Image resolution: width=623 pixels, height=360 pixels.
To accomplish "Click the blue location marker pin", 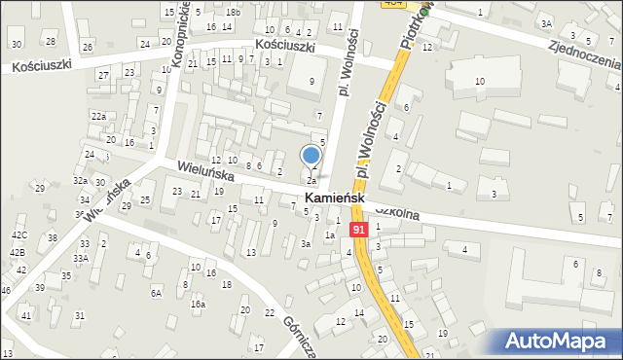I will click(x=311, y=156).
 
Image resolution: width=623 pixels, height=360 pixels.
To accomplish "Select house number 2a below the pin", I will click(x=311, y=181).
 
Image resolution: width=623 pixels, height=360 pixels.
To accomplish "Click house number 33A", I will click(x=80, y=258).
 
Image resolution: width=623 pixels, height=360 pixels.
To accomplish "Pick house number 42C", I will click(x=19, y=235).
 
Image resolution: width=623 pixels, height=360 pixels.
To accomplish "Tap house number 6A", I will click(x=155, y=292).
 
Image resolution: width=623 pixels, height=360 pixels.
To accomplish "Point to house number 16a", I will click(x=198, y=304).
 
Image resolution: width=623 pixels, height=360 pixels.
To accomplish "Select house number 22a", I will click(x=98, y=116).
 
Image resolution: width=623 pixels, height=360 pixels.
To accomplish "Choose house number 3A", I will click(x=547, y=23).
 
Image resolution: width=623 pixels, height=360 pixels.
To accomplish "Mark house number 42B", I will click(x=18, y=252).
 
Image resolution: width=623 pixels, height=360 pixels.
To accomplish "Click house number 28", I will click(x=51, y=42).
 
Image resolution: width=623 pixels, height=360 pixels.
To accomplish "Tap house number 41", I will click(x=26, y=316).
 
